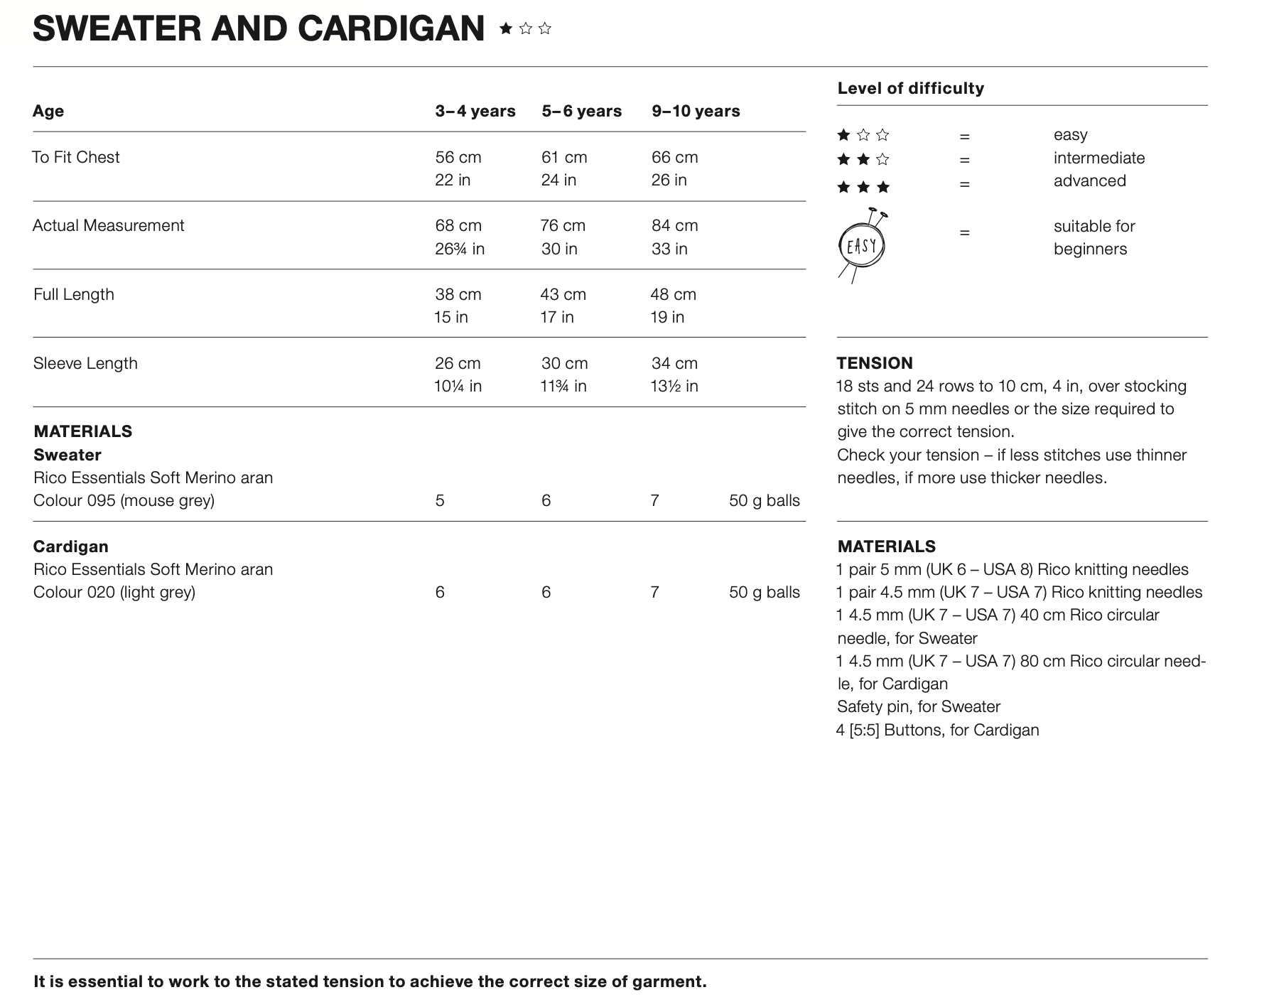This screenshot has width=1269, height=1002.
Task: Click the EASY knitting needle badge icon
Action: [x=863, y=246]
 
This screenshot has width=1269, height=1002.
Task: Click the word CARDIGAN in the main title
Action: [x=391, y=29]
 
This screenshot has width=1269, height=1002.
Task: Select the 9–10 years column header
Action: [x=696, y=111]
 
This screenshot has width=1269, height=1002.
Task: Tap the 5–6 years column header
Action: [x=581, y=111]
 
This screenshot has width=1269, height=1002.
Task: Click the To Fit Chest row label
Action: [x=76, y=157]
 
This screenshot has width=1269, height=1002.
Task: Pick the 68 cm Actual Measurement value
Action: [x=458, y=225]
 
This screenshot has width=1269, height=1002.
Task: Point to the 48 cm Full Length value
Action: [x=673, y=294]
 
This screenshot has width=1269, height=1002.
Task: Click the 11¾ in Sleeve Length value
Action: [x=563, y=386]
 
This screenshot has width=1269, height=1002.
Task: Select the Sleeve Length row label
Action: [x=85, y=363]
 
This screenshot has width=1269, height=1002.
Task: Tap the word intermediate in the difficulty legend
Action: [x=1098, y=158]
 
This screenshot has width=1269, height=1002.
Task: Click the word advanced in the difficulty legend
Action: [x=1089, y=181]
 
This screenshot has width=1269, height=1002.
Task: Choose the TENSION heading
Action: [x=874, y=363]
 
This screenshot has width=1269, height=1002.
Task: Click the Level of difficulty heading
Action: [x=910, y=88]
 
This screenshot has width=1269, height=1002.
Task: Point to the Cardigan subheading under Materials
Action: [x=70, y=546]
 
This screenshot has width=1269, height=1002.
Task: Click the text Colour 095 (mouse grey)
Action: [x=124, y=500]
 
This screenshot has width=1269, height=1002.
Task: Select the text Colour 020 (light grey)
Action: [x=114, y=592]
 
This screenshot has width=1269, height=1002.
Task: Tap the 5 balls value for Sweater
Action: [x=440, y=500]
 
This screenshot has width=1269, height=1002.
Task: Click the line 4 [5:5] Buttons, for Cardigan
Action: [x=937, y=730]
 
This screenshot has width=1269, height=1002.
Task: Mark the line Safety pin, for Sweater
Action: [x=918, y=706]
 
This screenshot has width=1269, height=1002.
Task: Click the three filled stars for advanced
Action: [x=863, y=187]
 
